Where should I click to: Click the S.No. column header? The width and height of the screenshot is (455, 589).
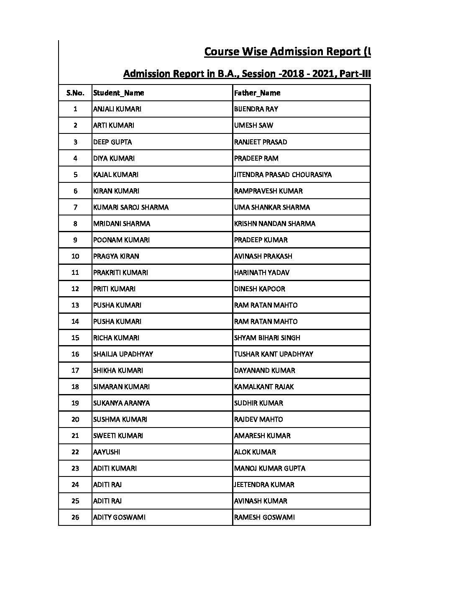tap(75, 93)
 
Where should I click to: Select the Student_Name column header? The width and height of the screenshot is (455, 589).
tap(118, 93)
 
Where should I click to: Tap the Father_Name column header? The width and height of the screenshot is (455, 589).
tap(257, 93)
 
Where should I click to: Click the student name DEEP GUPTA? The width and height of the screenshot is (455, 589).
tap(112, 142)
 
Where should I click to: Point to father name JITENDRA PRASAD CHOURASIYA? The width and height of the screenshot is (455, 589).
tap(283, 174)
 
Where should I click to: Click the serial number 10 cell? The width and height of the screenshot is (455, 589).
tap(75, 256)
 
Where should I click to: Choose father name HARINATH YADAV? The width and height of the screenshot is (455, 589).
tap(262, 272)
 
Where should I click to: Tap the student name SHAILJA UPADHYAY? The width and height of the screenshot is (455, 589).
tap(123, 354)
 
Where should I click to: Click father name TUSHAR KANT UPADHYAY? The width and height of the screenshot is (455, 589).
tap(274, 354)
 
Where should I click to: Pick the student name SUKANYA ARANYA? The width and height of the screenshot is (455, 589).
tap(121, 403)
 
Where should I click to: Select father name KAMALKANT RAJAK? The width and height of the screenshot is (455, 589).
tap(264, 387)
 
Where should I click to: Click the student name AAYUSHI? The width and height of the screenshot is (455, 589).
tap(106, 452)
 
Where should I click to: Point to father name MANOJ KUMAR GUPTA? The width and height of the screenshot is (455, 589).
tap(270, 468)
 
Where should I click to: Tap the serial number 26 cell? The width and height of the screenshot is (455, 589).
tap(75, 517)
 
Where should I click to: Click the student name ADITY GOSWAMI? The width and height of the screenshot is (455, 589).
tap(119, 517)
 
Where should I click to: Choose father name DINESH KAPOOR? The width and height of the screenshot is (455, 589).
tap(260, 289)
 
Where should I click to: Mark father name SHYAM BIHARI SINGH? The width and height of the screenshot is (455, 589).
tap(267, 338)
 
